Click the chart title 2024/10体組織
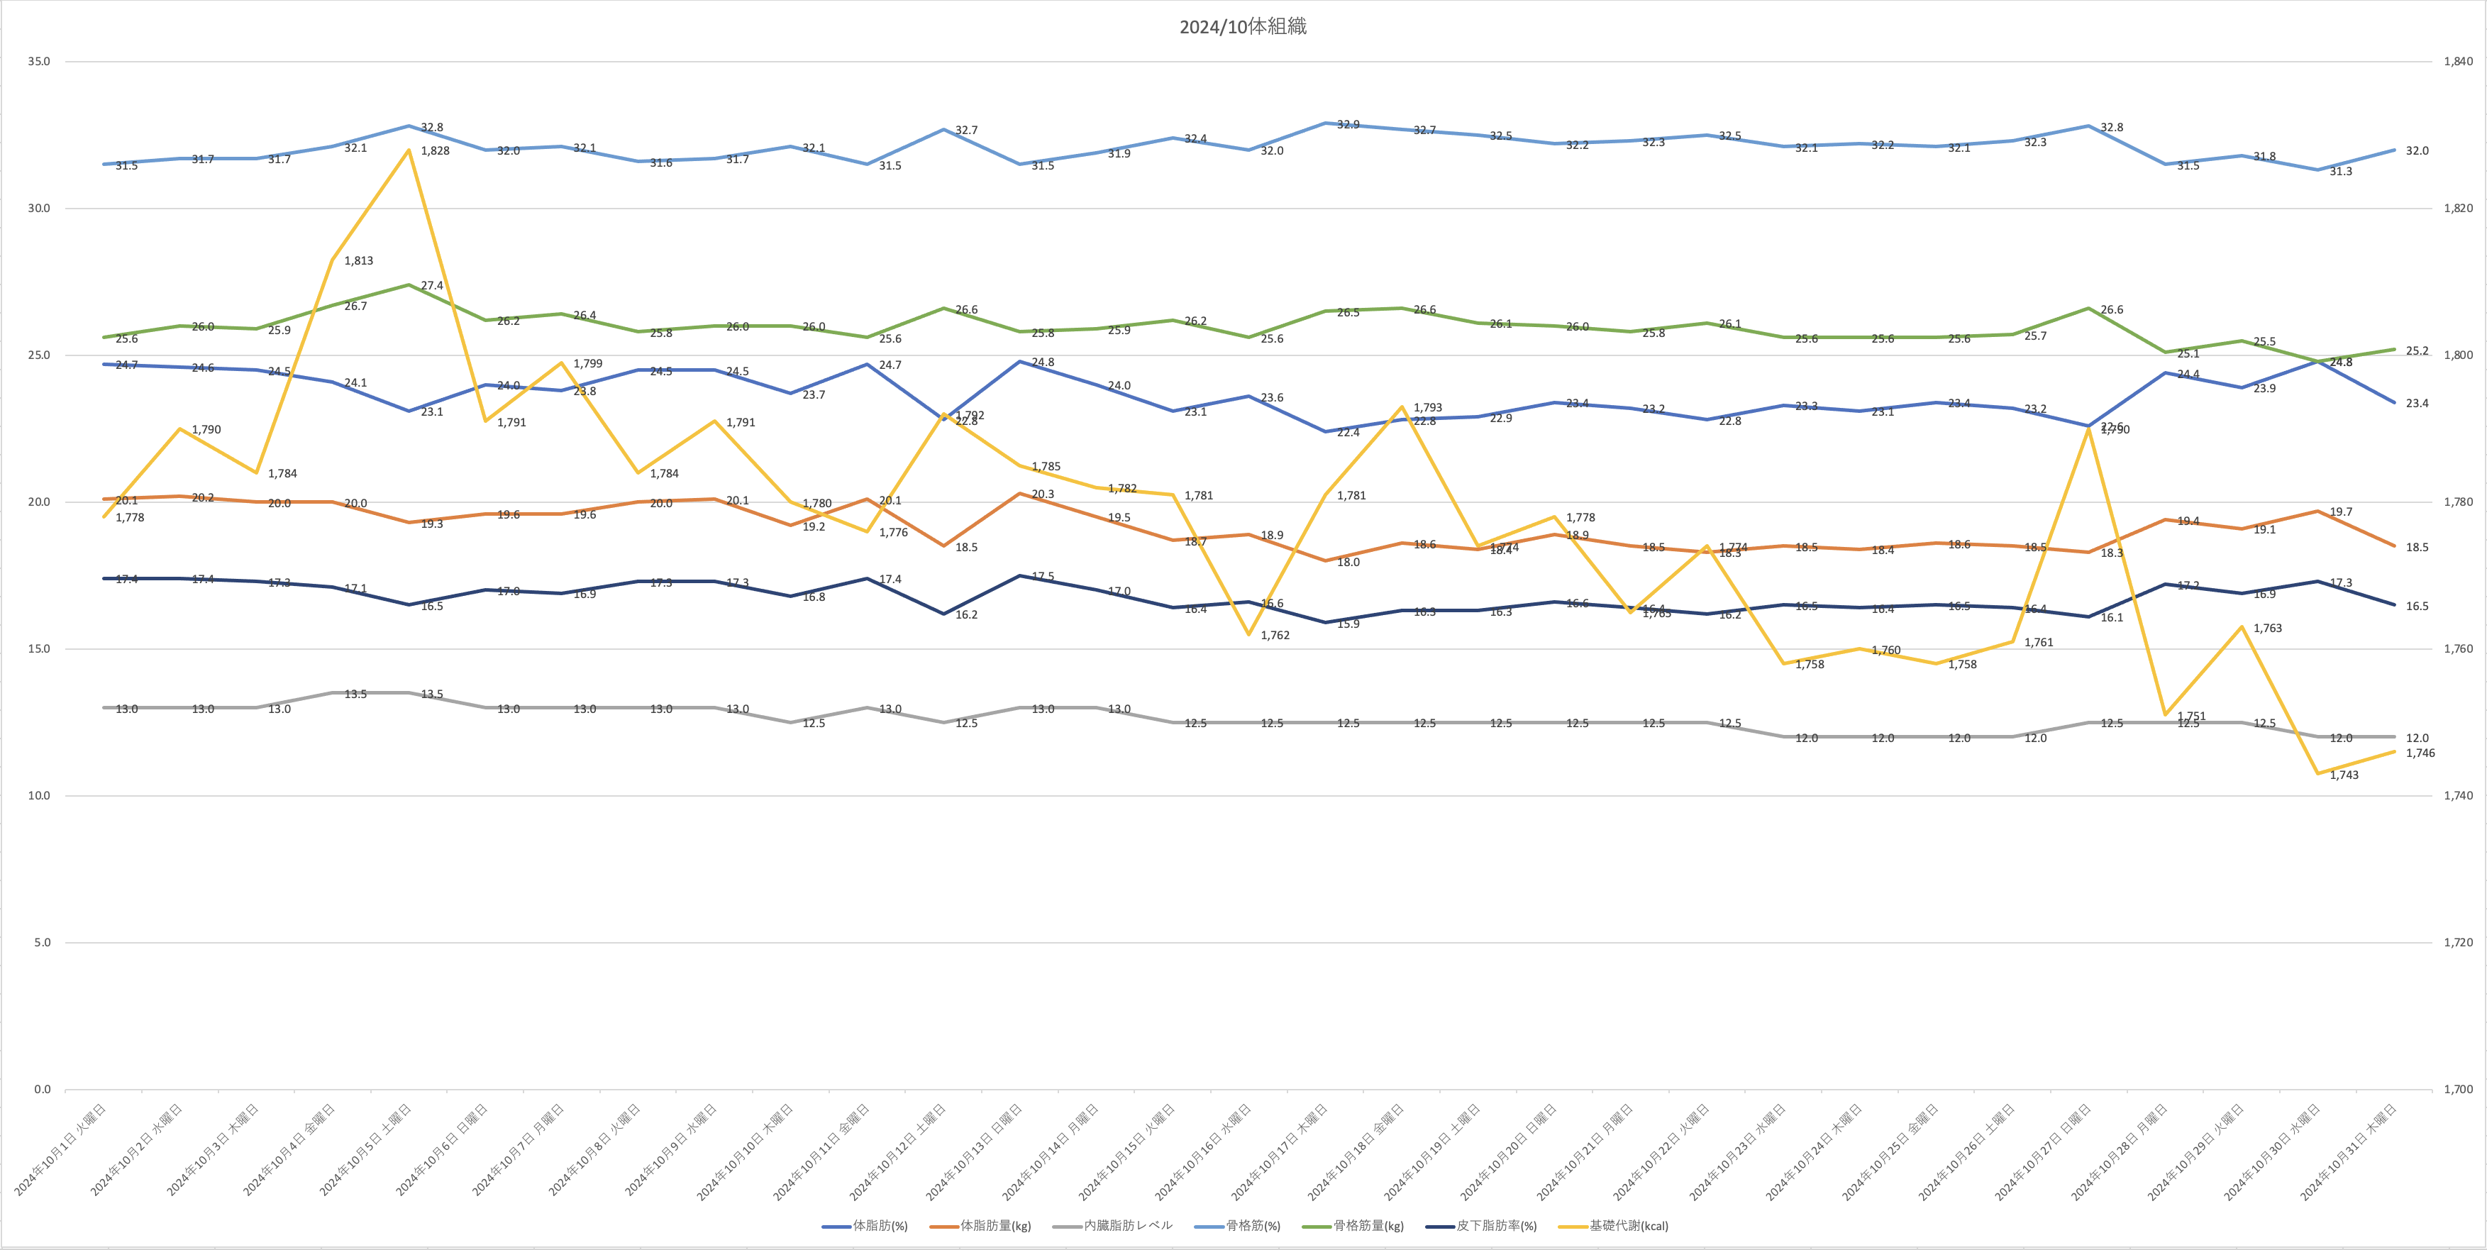click(1243, 27)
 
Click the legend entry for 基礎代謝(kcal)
click(1628, 1226)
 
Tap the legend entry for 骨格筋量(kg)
click(1367, 1226)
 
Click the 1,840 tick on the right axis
click(2458, 62)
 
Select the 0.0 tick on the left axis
click(42, 1090)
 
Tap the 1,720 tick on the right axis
click(2458, 943)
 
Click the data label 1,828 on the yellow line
click(434, 150)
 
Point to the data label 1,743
click(2344, 775)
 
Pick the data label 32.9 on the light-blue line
click(1348, 126)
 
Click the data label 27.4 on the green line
click(431, 286)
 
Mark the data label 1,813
click(358, 260)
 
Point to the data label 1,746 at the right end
click(2420, 753)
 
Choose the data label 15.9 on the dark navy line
click(1348, 624)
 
